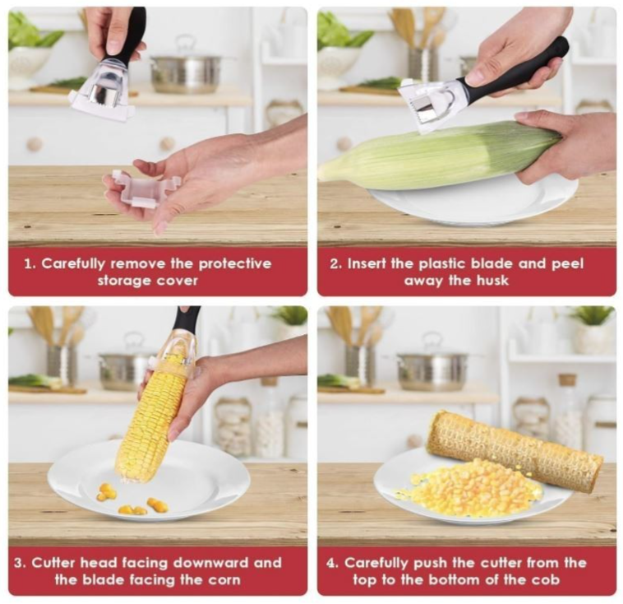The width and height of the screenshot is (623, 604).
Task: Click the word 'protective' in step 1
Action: pyautogui.click(x=235, y=264)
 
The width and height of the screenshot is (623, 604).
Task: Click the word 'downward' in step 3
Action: pyautogui.click(x=211, y=563)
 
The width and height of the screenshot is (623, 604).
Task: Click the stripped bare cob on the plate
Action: pyautogui.click(x=515, y=450)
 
